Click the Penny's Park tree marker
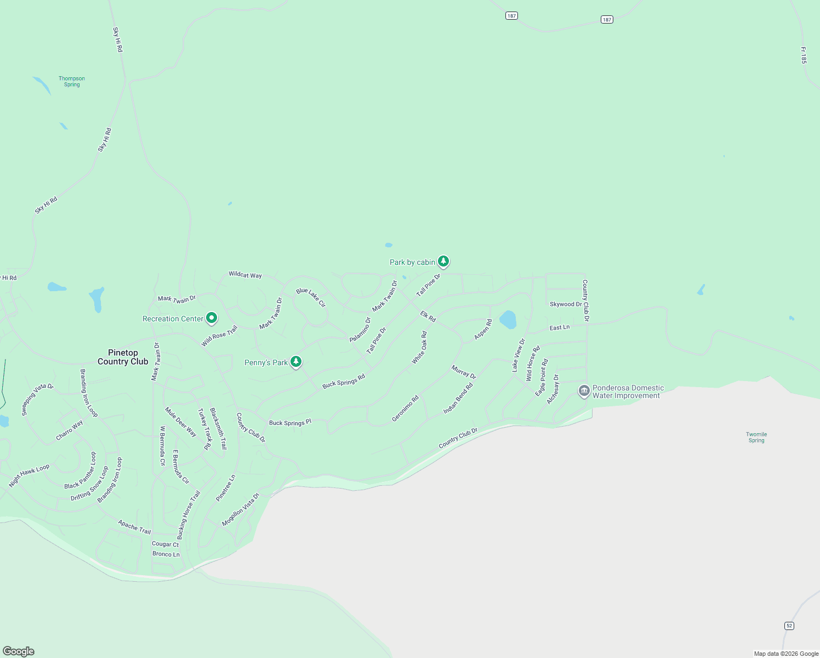296,361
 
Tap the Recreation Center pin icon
212,317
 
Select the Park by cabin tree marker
443,261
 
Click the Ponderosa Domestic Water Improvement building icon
584,391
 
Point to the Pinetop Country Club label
123,357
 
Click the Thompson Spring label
72,82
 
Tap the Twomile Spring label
756,437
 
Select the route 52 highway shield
789,626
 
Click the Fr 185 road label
803,55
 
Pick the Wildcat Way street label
245,275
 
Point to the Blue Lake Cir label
311,297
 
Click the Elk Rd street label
428,316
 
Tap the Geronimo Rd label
406,409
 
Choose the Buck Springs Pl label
290,423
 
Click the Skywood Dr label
566,304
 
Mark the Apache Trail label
134,527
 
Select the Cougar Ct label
165,544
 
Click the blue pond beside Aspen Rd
508,320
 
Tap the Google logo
19,651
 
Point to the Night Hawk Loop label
29,475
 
